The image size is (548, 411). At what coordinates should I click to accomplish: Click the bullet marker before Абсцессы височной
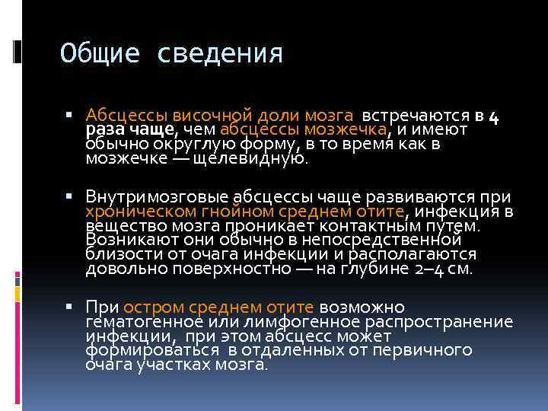point(69,116)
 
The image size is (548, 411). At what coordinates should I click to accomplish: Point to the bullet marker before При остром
point(69,307)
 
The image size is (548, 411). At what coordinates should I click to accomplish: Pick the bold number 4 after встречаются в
point(492,116)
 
